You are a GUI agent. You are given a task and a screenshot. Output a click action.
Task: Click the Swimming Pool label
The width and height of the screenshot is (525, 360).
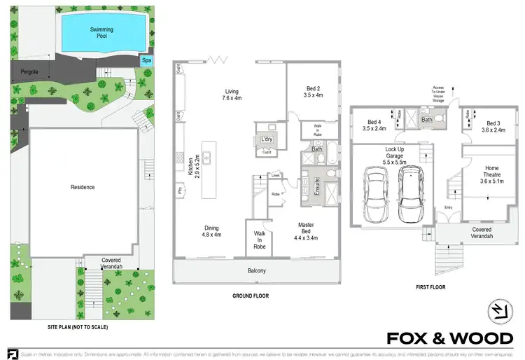(x=101, y=33)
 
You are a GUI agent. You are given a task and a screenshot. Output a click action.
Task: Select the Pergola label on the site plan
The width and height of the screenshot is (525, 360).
(x=29, y=71)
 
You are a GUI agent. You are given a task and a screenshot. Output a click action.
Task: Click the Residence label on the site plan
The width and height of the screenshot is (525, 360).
(x=83, y=187)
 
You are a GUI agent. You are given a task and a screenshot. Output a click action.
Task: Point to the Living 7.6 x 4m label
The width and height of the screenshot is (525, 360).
(x=227, y=95)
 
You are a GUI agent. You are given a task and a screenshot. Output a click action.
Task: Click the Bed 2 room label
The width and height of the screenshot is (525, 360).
(x=314, y=91)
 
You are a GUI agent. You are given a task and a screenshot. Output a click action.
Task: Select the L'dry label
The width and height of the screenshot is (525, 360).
(x=267, y=139)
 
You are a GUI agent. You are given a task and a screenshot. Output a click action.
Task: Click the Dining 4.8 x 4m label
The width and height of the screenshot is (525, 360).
(x=212, y=231)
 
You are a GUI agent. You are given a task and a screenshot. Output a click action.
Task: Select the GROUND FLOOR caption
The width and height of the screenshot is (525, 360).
(x=250, y=296)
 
